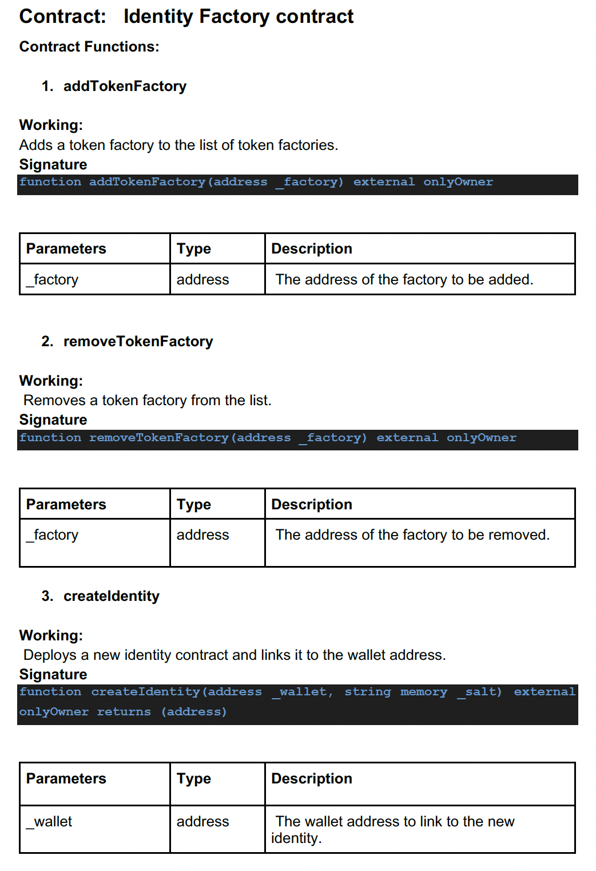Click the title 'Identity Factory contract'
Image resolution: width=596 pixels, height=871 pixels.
click(x=238, y=17)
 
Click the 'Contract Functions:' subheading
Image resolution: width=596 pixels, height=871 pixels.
click(x=89, y=47)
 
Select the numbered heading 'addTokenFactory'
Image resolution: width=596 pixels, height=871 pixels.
click(x=125, y=86)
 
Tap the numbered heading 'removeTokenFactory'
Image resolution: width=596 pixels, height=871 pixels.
click(x=138, y=342)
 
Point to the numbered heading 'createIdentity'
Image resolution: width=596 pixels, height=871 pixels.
click(x=111, y=596)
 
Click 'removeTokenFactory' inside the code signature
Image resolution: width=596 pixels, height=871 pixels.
click(x=158, y=438)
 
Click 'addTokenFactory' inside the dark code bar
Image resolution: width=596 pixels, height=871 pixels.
click(x=147, y=182)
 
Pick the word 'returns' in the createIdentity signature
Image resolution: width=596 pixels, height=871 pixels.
click(x=124, y=712)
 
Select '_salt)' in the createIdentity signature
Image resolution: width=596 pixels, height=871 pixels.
click(x=479, y=692)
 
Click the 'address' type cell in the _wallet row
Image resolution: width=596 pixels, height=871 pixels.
click(x=202, y=822)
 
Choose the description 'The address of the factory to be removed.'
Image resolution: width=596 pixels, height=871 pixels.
click(x=412, y=535)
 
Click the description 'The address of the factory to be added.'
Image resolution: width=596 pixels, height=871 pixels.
click(x=404, y=280)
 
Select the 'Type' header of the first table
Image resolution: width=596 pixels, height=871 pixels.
click(x=193, y=249)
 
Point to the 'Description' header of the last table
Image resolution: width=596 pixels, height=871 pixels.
click(x=311, y=779)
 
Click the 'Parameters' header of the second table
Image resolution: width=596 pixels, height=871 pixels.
click(x=66, y=505)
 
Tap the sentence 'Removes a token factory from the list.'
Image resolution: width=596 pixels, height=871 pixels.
click(x=147, y=401)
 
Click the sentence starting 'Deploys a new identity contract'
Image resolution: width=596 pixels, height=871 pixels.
click(x=234, y=655)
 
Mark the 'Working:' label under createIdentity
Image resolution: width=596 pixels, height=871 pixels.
click(x=51, y=636)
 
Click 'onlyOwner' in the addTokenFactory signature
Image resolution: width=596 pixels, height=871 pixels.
click(x=458, y=182)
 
